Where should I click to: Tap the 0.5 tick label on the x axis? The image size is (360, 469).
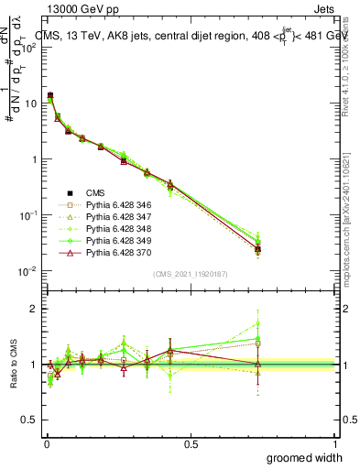[190, 443]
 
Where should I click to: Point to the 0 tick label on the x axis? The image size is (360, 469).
[46, 443]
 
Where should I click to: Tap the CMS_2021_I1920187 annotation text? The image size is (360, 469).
[190, 275]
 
